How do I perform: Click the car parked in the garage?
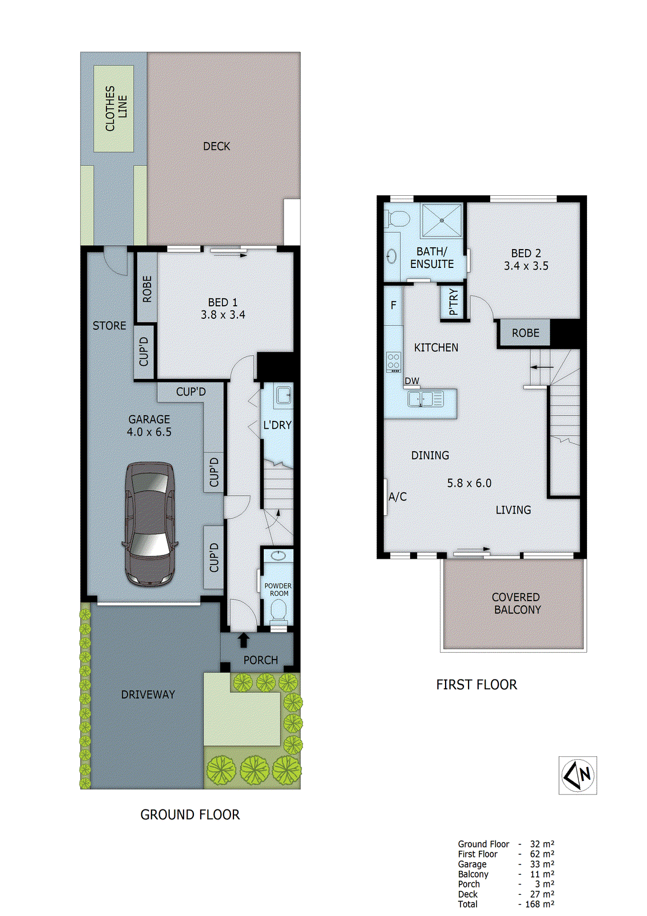(x=150, y=524)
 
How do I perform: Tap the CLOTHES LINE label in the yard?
(x=116, y=108)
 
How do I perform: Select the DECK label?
(x=216, y=147)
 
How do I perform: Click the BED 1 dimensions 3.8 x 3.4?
(x=223, y=315)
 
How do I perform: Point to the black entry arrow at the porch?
(x=244, y=639)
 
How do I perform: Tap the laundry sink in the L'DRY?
(x=283, y=394)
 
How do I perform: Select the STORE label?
(x=109, y=326)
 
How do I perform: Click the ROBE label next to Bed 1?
(x=147, y=289)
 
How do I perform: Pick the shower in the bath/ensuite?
(x=441, y=220)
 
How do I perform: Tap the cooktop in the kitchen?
(x=394, y=362)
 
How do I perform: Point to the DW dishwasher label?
(x=412, y=381)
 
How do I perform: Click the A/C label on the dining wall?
(x=398, y=497)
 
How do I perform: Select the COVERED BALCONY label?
(x=516, y=603)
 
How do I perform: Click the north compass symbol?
(x=578, y=775)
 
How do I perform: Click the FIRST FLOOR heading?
(x=477, y=685)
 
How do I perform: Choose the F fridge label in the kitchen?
(x=394, y=305)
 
